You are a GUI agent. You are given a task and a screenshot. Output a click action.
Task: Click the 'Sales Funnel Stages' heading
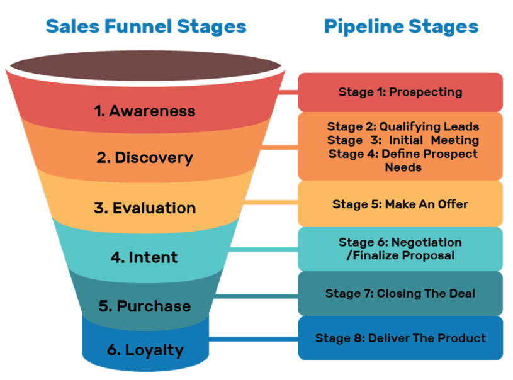click(x=145, y=27)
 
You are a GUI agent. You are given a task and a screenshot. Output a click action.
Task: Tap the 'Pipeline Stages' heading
click(x=401, y=27)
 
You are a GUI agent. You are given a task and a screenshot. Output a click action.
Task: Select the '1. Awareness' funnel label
click(x=145, y=111)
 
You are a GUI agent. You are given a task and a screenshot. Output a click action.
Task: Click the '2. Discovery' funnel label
click(x=145, y=158)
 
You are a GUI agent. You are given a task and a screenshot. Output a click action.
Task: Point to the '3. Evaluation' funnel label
click(x=145, y=208)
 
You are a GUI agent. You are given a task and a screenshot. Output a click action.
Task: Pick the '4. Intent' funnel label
click(x=145, y=257)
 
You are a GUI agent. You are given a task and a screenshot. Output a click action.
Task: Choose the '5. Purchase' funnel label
click(x=145, y=306)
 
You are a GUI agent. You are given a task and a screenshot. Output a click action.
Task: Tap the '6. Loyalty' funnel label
click(x=145, y=350)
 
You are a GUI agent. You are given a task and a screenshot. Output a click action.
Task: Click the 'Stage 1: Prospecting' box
click(x=400, y=92)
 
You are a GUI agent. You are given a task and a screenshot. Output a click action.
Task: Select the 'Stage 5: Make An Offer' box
click(x=400, y=204)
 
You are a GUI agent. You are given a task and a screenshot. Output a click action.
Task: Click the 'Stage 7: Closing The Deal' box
click(x=400, y=293)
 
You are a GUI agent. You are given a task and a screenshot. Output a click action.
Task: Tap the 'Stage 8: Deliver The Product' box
click(x=400, y=338)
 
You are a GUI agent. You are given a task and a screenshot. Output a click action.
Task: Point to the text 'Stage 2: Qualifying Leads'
click(x=403, y=126)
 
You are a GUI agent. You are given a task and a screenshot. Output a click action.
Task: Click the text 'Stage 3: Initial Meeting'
click(x=403, y=140)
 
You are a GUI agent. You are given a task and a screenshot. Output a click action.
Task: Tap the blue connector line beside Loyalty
click(x=252, y=338)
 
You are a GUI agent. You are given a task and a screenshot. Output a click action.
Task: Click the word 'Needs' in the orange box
click(x=403, y=167)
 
